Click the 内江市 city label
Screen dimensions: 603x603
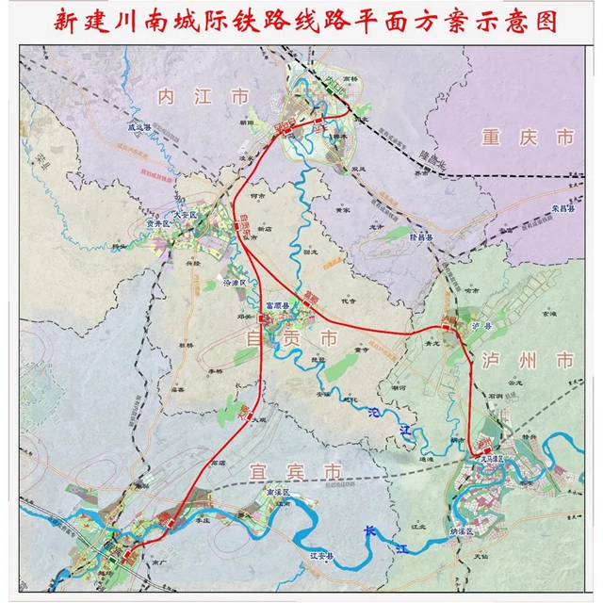(204, 95)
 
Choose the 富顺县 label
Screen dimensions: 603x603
(277, 307)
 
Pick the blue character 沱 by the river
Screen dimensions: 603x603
(377, 413)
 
